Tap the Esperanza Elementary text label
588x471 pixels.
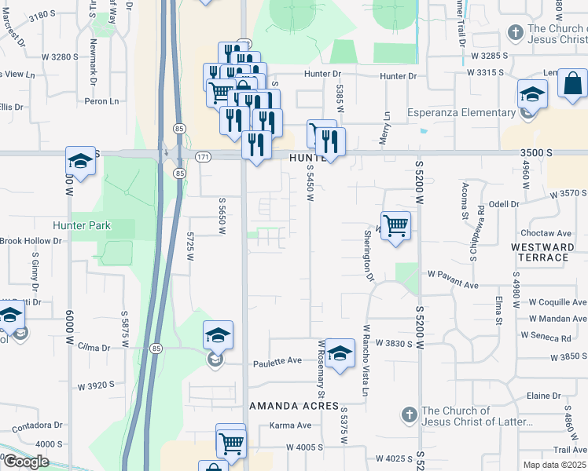point(461,112)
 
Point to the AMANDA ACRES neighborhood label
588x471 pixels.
point(294,407)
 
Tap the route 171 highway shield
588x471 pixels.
point(203,158)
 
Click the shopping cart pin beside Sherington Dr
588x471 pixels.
point(395,225)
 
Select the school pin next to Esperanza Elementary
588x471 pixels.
point(532,94)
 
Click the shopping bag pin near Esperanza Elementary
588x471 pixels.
point(572,82)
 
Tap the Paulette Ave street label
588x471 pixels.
point(277,361)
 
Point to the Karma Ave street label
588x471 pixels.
point(290,425)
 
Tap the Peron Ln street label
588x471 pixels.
point(101,101)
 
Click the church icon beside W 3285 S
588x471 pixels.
point(515,33)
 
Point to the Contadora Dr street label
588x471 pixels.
point(36,425)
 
